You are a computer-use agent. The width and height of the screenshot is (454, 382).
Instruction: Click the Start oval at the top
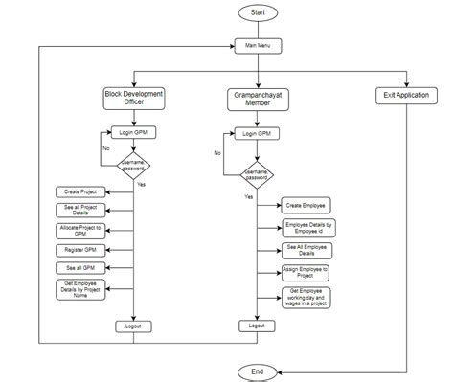coord(257,12)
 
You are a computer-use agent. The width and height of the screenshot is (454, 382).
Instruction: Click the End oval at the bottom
coord(256,370)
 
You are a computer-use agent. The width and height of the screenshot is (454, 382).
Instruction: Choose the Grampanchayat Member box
coord(257,99)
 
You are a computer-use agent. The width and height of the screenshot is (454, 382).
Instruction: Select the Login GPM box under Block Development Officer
coord(133,133)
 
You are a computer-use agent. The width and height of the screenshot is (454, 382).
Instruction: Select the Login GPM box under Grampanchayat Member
coord(257,134)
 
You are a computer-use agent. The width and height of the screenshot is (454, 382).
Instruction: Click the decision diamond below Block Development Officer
coord(133,166)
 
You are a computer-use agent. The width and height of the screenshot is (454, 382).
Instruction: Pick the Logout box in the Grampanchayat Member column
coord(257,326)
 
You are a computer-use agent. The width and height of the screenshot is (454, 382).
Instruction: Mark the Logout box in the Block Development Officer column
coord(133,326)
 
